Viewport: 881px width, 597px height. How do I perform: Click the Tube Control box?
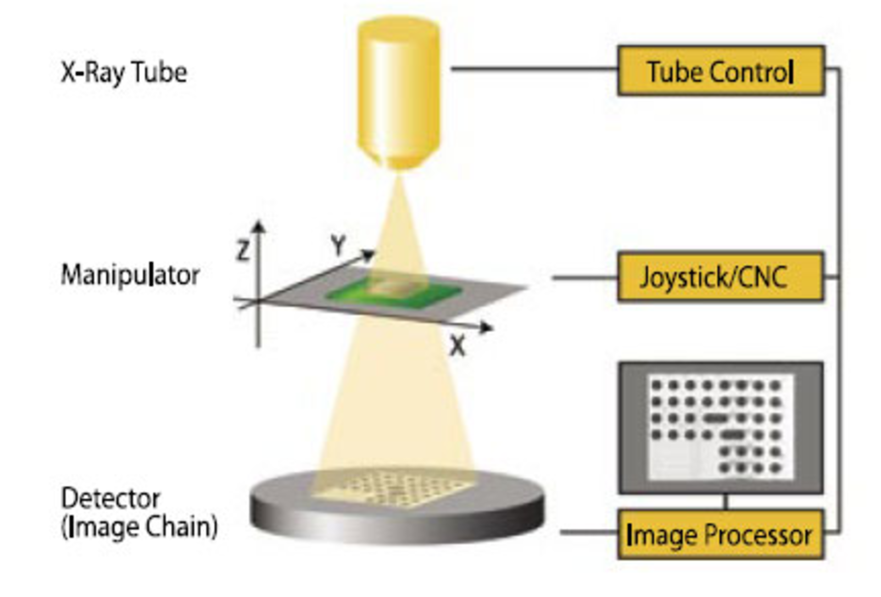720,71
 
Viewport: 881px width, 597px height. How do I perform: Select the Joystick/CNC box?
720,277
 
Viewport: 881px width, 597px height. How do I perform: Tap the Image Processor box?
720,535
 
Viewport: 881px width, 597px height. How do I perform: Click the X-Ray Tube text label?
124,73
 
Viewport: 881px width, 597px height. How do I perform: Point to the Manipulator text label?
130,275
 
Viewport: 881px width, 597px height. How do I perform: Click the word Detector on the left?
111,499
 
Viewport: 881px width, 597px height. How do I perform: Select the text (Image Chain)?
139,527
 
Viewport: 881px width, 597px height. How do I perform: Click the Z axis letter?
243,251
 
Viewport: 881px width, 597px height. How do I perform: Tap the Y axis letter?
339,245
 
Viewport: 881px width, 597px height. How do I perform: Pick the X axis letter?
457,346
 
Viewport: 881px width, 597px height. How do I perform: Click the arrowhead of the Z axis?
259,226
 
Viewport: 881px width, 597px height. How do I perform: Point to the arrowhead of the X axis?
486,327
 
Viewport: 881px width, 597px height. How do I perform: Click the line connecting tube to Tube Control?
535,69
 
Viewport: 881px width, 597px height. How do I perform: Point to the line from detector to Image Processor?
588,532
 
